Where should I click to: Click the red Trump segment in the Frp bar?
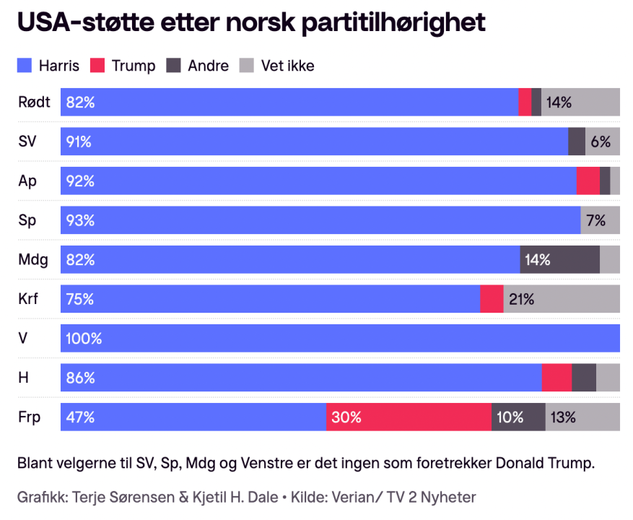[x=409, y=417]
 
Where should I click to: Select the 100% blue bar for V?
[x=340, y=338]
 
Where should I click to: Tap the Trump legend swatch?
[x=98, y=66]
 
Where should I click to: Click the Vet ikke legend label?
[x=289, y=66]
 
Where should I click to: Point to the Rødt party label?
[x=34, y=102]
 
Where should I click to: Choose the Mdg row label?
[x=32, y=259]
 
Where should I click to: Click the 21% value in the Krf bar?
[x=521, y=299]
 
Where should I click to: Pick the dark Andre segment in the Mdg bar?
[x=559, y=259]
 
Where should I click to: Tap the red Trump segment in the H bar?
[x=556, y=378]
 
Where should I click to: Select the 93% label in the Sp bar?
[x=79, y=220]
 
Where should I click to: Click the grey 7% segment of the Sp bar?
[x=600, y=220]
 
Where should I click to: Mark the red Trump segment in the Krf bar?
[x=492, y=299]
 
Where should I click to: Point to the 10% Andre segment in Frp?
[x=518, y=417]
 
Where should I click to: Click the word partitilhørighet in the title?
[x=393, y=22]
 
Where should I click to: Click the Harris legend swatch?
[x=25, y=66]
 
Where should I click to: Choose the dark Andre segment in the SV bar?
[x=577, y=142]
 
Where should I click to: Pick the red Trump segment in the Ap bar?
[x=588, y=181]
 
